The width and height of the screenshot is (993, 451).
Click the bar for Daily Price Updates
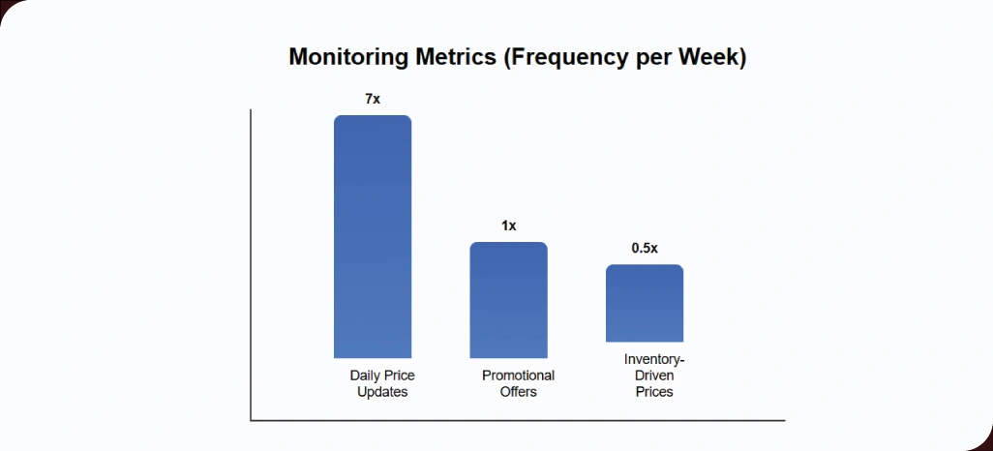pyautogui.click(x=373, y=237)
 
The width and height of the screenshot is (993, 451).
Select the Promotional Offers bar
pyautogui.click(x=508, y=300)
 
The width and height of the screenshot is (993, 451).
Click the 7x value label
pyautogui.click(x=373, y=99)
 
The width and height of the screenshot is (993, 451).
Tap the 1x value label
pyautogui.click(x=508, y=225)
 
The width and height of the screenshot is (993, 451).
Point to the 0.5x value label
pyautogui.click(x=645, y=248)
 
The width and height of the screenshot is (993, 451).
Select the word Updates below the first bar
pyautogui.click(x=382, y=392)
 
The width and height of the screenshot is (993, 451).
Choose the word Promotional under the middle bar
pyautogui.click(x=518, y=376)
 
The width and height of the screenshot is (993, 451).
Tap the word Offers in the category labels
pyautogui.click(x=518, y=392)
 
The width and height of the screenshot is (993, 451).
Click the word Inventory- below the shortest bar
pyautogui.click(x=654, y=359)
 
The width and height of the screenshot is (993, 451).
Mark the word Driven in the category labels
pyautogui.click(x=654, y=376)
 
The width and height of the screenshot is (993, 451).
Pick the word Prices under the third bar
pyautogui.click(x=654, y=392)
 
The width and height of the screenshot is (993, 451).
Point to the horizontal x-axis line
pyautogui.click(x=518, y=421)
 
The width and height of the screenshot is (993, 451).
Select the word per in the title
pyautogui.click(x=655, y=57)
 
